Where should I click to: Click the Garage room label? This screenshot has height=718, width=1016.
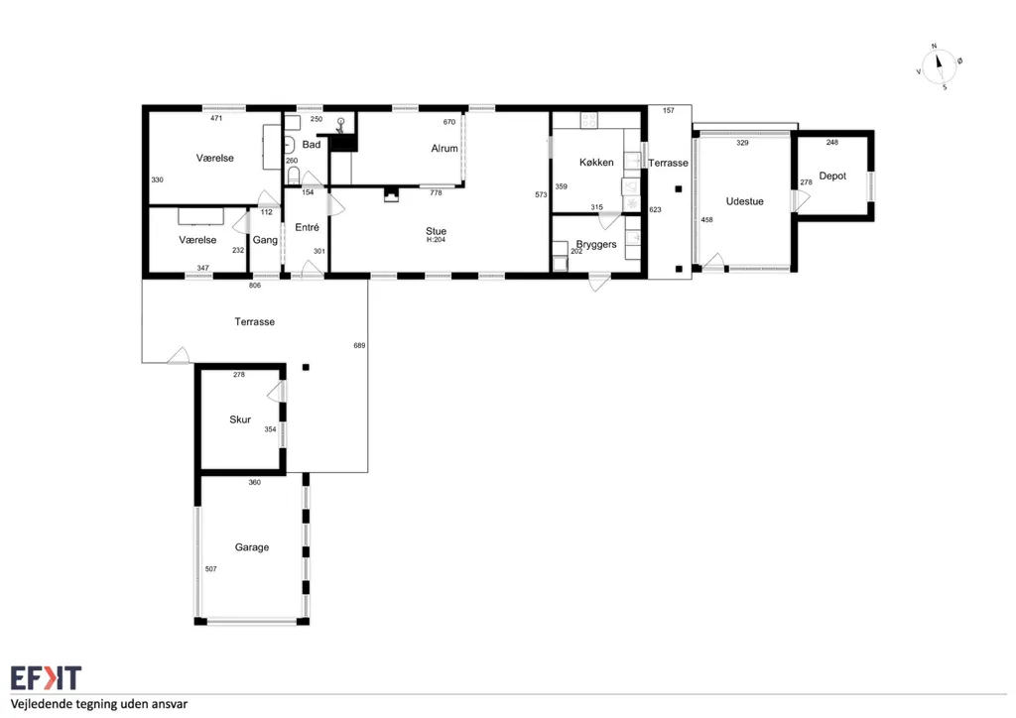251,547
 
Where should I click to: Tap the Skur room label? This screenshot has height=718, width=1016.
240,419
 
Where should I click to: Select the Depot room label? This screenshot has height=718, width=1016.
832,177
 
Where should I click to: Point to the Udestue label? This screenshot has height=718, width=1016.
744,201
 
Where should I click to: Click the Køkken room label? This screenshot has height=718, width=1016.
596,163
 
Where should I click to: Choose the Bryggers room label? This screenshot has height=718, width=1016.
596,245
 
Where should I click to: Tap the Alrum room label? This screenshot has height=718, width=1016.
444,149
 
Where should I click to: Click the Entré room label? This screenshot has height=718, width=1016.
308,227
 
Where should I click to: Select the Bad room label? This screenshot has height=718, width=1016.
311,145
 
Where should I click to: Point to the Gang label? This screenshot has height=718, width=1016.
265,240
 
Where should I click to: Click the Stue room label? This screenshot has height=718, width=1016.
437,231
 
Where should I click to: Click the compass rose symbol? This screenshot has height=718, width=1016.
939,66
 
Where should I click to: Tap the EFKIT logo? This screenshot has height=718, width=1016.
46,678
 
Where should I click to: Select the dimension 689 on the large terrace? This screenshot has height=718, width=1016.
359,346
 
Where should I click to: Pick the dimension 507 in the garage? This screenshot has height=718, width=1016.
210,569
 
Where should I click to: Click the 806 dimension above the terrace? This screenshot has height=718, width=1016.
255,286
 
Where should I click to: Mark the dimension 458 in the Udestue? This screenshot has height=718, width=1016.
706,220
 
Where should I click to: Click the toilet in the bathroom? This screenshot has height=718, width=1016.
294,175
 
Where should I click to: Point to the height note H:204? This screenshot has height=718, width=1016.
437,240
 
